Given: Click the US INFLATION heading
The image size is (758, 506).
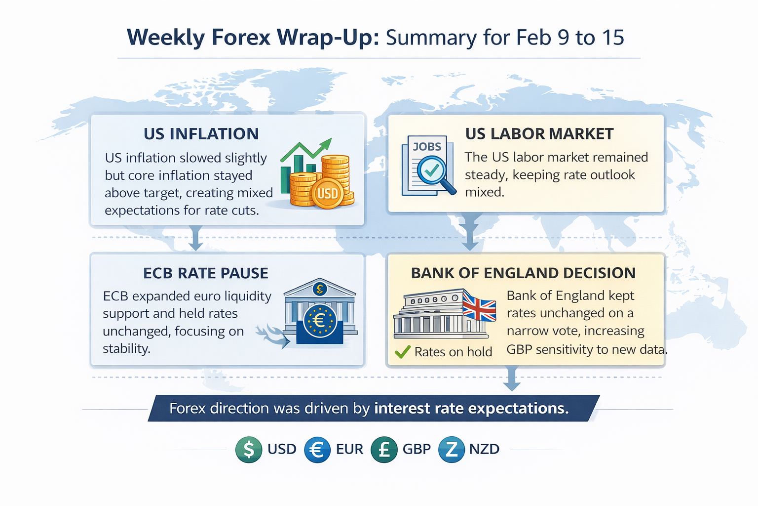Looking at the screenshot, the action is click(x=201, y=134).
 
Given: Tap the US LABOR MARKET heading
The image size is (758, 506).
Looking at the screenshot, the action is click(x=539, y=134).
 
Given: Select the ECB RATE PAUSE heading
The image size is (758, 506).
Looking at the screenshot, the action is click(x=205, y=273).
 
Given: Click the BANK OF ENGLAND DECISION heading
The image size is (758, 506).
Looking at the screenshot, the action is click(x=523, y=273).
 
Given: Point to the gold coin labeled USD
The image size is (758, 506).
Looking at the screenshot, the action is click(x=327, y=194).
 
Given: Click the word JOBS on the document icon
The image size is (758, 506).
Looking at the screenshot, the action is click(x=427, y=147).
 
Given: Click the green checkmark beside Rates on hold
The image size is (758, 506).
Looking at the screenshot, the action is click(x=403, y=352).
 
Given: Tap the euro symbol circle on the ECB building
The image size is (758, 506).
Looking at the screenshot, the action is click(x=320, y=321).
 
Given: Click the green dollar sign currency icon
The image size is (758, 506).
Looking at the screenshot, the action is click(x=249, y=449).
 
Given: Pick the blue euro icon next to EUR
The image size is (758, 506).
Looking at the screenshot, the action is click(x=317, y=450).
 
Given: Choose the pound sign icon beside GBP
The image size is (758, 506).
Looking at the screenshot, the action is click(x=384, y=450).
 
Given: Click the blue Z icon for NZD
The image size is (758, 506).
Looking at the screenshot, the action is click(x=451, y=450).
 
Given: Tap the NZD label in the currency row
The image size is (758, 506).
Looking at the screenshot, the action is click(x=484, y=449).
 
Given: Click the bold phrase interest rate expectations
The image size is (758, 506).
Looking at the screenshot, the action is click(x=471, y=408).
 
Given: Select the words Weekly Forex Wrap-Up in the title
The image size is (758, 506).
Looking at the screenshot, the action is click(x=253, y=37).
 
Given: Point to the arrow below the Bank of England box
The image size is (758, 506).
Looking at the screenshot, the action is click(x=512, y=379).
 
